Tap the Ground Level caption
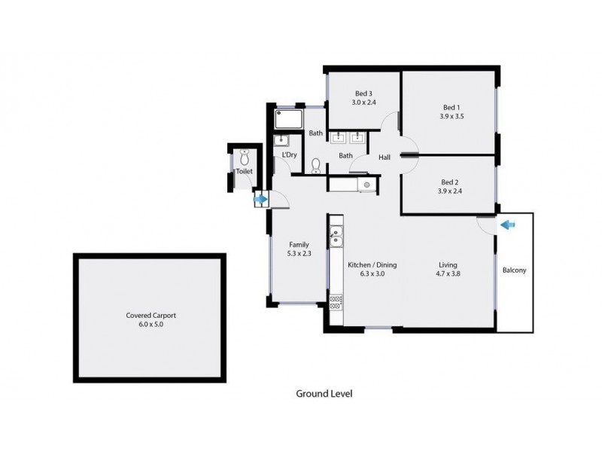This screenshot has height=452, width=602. coord(324,393)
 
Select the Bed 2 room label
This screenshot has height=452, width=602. coord(449,182)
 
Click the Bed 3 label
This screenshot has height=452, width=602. coord(363,93)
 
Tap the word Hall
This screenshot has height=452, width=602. coord(385,157)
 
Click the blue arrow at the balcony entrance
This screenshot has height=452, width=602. coord(507,224)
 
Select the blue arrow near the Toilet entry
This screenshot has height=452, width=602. coord(260,200)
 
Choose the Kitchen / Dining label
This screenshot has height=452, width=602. coord(372,265)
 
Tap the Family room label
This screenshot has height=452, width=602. coord(299,244)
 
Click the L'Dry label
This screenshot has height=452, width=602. coord(289,155)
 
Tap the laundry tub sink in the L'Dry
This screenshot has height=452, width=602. coord(284,140)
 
